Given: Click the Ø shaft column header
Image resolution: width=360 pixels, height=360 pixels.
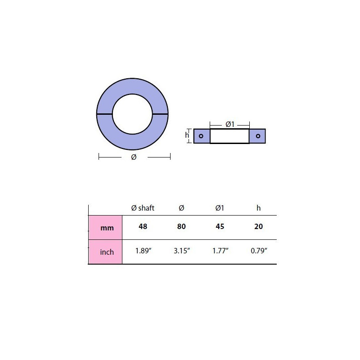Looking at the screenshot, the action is pos(143,208).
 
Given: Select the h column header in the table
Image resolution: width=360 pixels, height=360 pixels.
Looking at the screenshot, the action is pos(258,208).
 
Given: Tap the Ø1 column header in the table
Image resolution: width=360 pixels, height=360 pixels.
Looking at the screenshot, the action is pos(220,208).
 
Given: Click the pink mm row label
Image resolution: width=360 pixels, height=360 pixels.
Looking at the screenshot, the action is pos(105,228).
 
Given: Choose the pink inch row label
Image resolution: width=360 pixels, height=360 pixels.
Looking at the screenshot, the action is pos(105,252).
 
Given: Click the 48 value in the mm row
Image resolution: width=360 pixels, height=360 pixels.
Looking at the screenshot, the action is pos(143,227).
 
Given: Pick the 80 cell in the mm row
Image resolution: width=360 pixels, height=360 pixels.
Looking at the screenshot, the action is pos(181,227).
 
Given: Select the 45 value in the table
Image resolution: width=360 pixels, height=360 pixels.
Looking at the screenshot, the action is pos(220,227).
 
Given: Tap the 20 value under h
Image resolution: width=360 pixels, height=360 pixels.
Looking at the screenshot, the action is pos(258,227).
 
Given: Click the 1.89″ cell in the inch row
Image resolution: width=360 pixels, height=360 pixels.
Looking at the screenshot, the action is pos(143,251).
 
